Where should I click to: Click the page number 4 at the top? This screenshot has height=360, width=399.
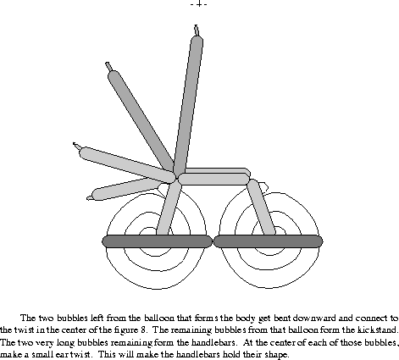pos(199,4)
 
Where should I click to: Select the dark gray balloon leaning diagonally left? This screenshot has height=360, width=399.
pos(141,119)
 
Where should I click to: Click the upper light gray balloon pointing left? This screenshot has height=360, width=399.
pos(127,164)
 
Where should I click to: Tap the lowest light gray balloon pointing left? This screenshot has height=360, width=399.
pos(125,189)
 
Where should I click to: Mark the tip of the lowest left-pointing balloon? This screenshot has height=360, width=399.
pos(88,198)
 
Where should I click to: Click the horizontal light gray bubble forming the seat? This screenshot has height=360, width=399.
pos(213,179)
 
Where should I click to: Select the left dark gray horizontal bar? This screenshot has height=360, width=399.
pos(157,241)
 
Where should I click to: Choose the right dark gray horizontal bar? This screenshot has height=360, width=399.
pos(268,241)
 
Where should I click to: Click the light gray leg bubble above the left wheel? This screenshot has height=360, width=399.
pos(169,208)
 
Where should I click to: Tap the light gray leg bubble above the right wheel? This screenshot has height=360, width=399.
pos(262,208)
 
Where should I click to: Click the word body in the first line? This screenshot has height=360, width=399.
pos(247,318)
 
